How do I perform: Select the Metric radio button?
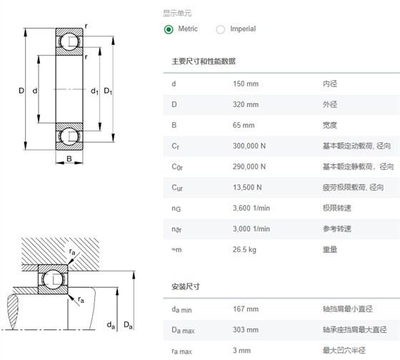tap(169, 29)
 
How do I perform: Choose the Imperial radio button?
tap(221, 29)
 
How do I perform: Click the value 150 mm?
tap(246, 84)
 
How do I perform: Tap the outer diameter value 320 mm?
tap(246, 104)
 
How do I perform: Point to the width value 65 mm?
tap(244, 125)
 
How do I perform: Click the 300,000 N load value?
tap(249, 146)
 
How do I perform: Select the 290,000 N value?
tap(249, 166)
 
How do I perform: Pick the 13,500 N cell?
tap(247, 187)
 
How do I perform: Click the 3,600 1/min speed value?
tap(251, 208)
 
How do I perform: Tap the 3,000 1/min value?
tap(251, 229)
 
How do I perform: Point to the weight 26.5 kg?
tap(244, 249)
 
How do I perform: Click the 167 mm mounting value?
tap(246, 309)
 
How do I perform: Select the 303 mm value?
tap(246, 329)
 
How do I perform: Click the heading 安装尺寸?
tap(186, 286)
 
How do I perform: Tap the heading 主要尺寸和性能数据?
tap(204, 61)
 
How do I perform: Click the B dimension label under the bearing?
tap(69, 159)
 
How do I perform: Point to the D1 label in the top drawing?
tap(108, 91)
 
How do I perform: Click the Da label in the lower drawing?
tap(128, 325)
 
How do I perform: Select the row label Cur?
tap(177, 188)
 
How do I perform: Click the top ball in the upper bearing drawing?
tap(69, 42)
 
